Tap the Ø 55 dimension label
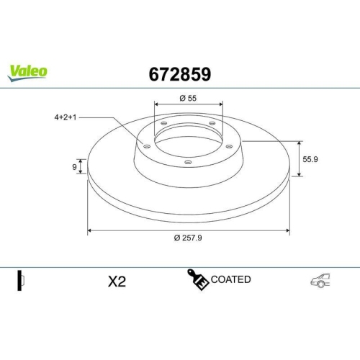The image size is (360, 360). coord(189,97)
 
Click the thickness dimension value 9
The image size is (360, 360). coord(74,167)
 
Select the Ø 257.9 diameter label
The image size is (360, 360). coord(189,238)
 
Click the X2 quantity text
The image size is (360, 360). coord(117,282)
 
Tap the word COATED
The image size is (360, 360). coord(232,279)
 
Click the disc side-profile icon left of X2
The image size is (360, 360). coord(22,280)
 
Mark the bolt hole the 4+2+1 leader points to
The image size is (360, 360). coord(148,146)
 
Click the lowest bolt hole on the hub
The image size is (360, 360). coord(188,162)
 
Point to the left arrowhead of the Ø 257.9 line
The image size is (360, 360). coord(90,230)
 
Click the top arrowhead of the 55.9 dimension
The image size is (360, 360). coord(299,143)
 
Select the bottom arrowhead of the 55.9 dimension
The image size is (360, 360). coord(299,174)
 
